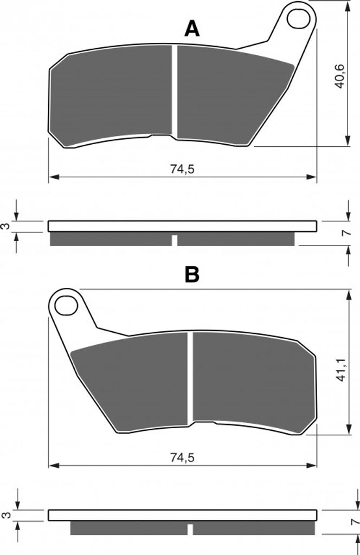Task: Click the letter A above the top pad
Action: [192, 29]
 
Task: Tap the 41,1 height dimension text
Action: [340, 369]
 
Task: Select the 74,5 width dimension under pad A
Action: [182, 169]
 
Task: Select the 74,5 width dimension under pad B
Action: [182, 457]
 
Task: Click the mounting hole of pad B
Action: [67, 306]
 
